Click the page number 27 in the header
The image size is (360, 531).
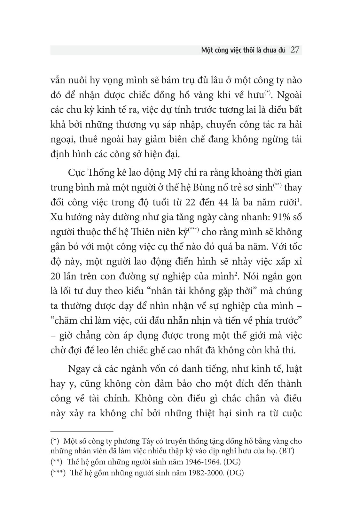pyautogui.click(x=295, y=50)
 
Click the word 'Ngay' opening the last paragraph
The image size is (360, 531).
pyautogui.click(x=79, y=369)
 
